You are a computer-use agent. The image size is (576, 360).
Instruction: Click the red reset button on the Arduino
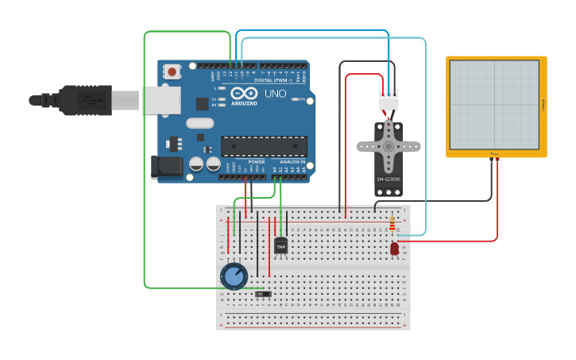172,72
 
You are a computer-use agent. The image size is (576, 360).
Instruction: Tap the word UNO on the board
275,94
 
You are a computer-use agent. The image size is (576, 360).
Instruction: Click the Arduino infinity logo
243,94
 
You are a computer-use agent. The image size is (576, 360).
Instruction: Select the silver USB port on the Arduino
162,100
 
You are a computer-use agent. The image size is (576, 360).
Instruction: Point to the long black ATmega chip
264,146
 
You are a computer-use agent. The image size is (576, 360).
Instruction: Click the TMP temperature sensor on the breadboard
280,246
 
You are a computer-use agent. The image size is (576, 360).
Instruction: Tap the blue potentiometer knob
234,277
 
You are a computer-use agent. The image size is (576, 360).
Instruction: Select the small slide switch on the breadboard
263,295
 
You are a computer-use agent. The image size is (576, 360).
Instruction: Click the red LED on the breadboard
395,249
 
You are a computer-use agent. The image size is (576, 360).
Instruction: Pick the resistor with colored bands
392,225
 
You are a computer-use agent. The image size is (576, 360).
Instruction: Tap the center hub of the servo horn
389,146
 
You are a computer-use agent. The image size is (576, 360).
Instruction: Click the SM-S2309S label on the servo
388,180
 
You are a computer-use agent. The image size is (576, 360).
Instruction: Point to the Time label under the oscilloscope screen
494,153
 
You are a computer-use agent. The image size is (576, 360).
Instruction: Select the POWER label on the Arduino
257,161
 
